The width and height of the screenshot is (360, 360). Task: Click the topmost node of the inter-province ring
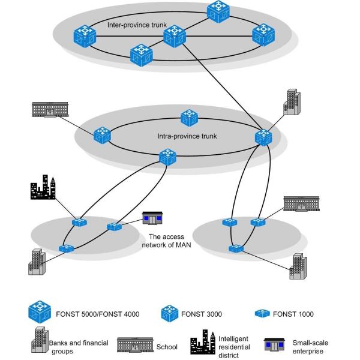pos(218,11)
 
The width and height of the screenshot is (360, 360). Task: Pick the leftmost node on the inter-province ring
pos(84,37)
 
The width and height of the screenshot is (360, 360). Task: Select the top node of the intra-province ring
pos(189,117)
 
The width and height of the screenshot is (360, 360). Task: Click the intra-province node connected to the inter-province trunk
pos(262,137)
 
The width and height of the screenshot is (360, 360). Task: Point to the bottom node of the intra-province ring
pos(167,158)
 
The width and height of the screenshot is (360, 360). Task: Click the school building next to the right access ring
pos(298,204)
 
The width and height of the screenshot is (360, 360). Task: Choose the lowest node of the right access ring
pos(238,248)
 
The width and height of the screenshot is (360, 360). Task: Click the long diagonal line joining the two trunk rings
pos(222,88)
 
